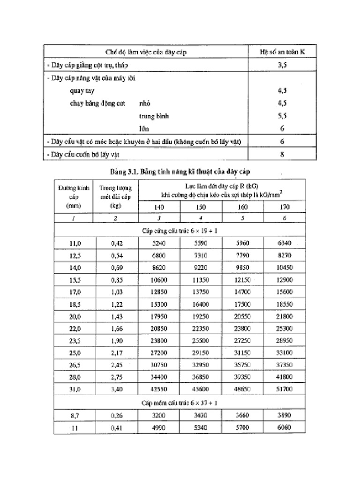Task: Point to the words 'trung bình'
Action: pos(154,115)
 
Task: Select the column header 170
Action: pos(285,207)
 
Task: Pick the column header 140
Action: pos(159,207)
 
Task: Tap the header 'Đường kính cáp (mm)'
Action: pos(75,196)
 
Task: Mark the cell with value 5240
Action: pos(159,243)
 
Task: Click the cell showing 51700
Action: pos(285,389)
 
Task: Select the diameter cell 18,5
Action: pos(75,304)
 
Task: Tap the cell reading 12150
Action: pos(243,280)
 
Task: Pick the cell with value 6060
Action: pos(285,427)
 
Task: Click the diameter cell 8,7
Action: pos(75,415)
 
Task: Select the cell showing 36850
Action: pos(201,377)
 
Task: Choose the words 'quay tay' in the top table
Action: pos(82,91)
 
